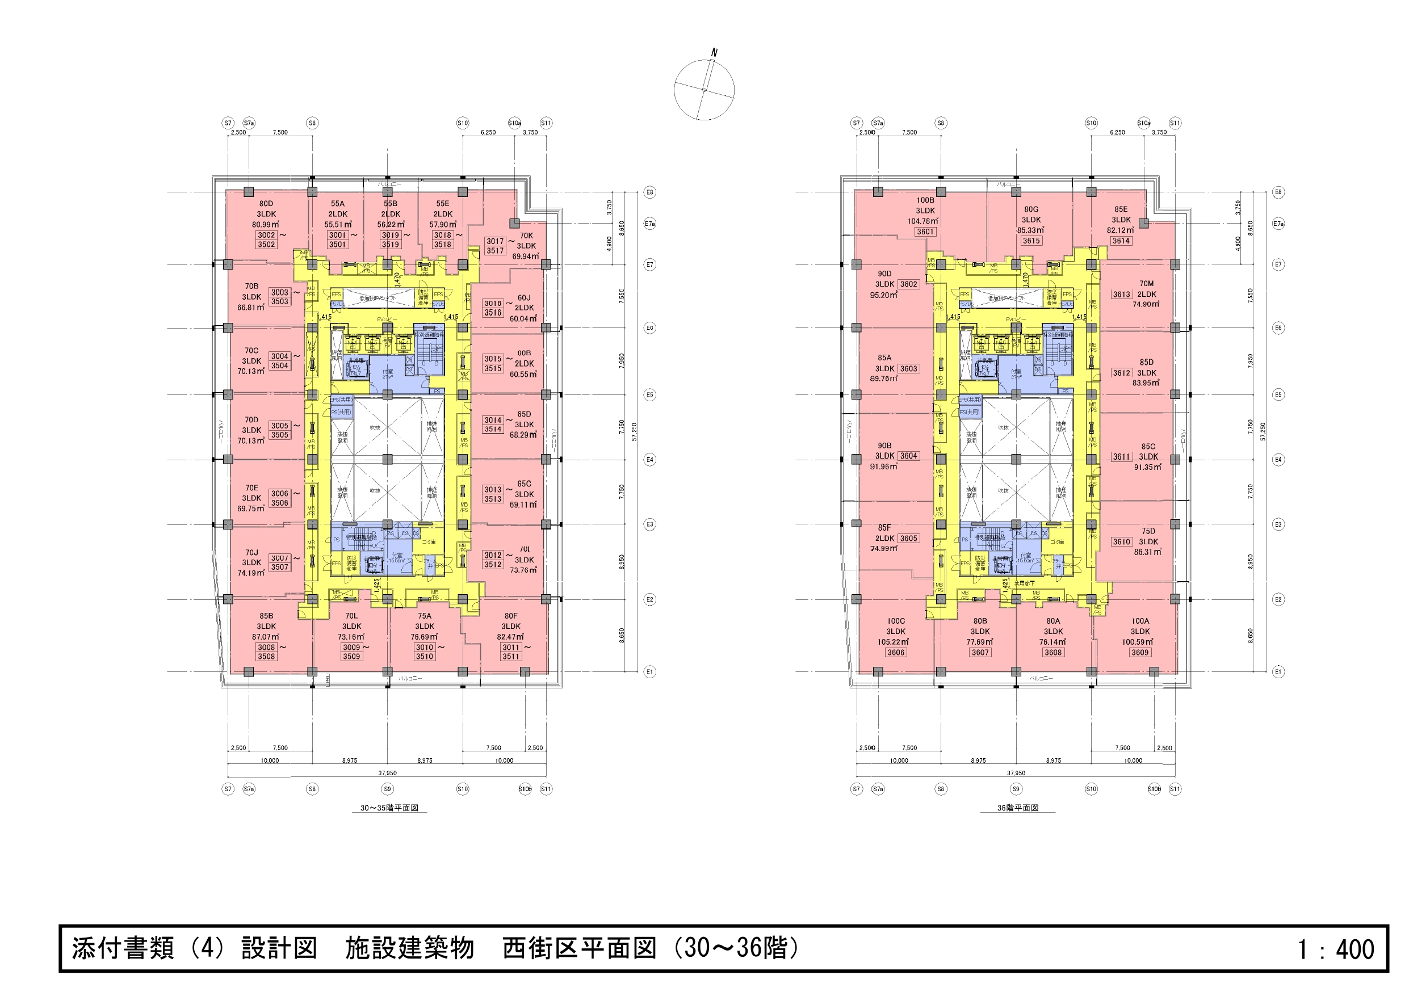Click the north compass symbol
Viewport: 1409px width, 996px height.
click(704, 90)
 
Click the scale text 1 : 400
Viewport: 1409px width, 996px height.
click(1335, 949)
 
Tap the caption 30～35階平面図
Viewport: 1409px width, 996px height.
click(389, 808)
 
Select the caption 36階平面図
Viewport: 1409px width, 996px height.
click(1017, 808)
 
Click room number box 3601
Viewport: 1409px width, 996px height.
click(925, 232)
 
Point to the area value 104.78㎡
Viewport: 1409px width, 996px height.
click(924, 221)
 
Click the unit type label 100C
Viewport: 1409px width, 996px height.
click(895, 621)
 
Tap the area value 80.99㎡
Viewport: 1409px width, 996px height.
click(266, 225)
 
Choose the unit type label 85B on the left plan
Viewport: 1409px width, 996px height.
click(266, 616)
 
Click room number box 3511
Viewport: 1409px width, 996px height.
click(510, 657)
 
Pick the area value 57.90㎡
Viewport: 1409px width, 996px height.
click(442, 225)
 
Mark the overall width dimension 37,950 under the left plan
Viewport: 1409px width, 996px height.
click(387, 773)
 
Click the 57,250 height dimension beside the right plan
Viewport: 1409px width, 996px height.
click(1263, 431)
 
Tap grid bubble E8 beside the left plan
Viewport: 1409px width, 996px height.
click(649, 192)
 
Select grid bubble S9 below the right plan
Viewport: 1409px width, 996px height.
click(1016, 789)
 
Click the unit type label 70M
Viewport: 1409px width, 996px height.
click(1146, 284)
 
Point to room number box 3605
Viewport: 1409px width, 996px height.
click(908, 538)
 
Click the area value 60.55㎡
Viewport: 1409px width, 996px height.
click(523, 375)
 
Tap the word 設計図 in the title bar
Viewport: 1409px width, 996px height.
click(279, 948)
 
